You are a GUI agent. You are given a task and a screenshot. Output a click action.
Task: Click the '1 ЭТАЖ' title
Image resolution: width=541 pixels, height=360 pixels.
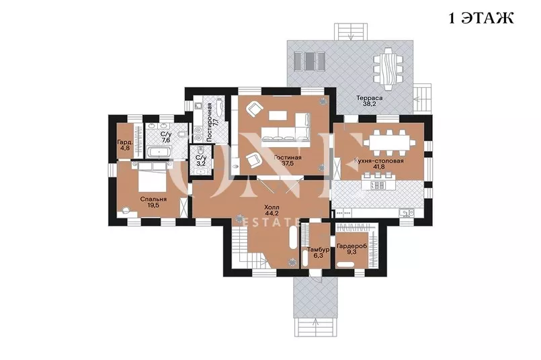point(481,17)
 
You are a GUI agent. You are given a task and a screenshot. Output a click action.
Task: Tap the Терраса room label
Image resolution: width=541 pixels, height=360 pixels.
point(369,98)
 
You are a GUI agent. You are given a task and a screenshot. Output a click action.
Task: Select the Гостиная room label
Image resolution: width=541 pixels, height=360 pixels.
point(288,158)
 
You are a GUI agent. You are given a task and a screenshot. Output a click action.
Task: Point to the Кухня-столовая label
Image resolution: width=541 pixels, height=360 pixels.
point(379,161)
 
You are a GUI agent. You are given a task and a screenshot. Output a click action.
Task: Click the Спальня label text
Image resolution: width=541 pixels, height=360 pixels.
point(153,199)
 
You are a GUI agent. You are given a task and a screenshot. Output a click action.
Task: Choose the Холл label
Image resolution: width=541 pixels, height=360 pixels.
point(272,208)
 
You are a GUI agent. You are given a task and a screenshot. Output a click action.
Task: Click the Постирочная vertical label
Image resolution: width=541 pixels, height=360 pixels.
point(209,122)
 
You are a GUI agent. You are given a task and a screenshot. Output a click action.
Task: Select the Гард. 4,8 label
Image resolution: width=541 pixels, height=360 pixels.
point(124,145)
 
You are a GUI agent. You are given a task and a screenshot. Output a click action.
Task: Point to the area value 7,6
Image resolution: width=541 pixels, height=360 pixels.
point(166,140)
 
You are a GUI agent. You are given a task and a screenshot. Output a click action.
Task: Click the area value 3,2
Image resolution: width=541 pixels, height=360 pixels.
point(200,163)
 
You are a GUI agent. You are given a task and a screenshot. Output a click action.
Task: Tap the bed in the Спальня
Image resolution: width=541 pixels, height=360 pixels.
point(152,177)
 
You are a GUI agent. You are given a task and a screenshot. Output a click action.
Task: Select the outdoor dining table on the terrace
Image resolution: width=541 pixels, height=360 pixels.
point(388,69)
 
